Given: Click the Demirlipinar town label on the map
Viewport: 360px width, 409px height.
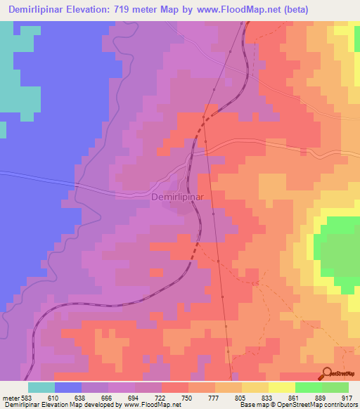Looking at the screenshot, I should pyautogui.click(x=177, y=197).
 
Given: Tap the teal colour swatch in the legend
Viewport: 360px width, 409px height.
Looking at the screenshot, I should pyautogui.click(x=41, y=387).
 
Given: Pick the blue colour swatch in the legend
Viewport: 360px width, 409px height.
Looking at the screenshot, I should pyautogui.click(x=68, y=387).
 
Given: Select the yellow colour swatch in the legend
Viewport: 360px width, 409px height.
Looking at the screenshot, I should pyautogui.click(x=282, y=387).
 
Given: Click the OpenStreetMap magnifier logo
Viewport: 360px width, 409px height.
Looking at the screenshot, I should pyautogui.click(x=328, y=373).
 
